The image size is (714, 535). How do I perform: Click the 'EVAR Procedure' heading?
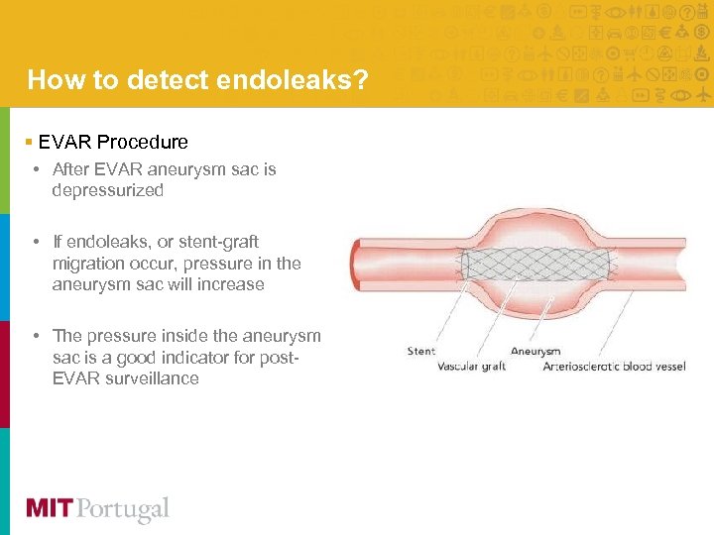coord(113,142)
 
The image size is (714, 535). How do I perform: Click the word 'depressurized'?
coord(108,190)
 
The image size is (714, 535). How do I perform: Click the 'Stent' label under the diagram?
coord(421,351)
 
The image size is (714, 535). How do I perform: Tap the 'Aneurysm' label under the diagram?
coord(535,351)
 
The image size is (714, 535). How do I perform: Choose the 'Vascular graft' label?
coord(472,367)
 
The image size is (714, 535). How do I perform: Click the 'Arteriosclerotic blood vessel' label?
coord(614,367)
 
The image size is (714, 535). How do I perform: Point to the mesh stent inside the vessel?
coord(535,266)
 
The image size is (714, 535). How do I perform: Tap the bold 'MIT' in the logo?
coord(49,509)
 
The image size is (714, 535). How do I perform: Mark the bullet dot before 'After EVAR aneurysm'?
coord(36,169)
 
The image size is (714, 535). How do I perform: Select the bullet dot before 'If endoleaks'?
coord(36,242)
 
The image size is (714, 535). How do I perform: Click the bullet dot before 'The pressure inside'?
coord(36,335)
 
